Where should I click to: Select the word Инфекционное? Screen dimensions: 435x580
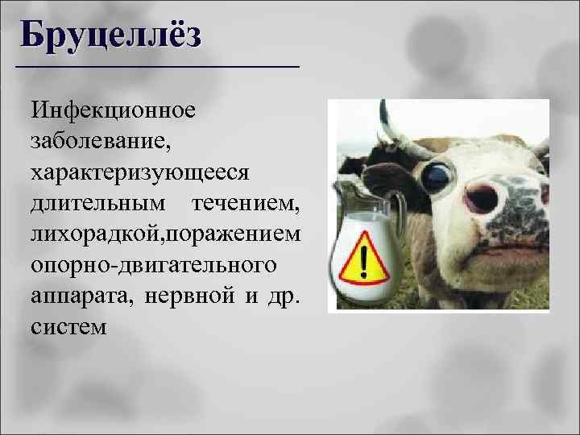point(112,109)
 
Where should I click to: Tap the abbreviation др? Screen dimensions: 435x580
point(285,296)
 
